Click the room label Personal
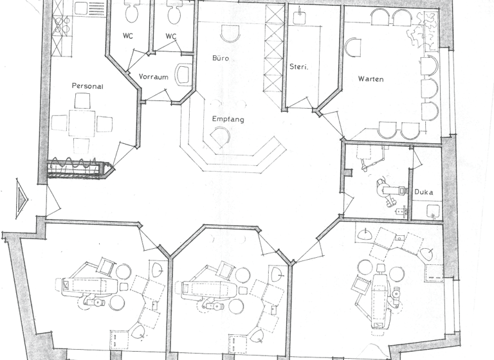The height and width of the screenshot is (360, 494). [87, 85]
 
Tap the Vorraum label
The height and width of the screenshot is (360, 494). [153, 76]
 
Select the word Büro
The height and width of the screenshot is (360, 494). [221, 58]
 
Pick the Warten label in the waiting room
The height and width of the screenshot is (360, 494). [371, 79]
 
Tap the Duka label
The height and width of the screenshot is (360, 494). [423, 192]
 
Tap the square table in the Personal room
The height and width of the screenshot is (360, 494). [82, 122]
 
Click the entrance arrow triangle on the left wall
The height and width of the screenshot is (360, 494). [22, 195]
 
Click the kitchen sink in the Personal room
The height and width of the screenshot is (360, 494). [81, 9]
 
